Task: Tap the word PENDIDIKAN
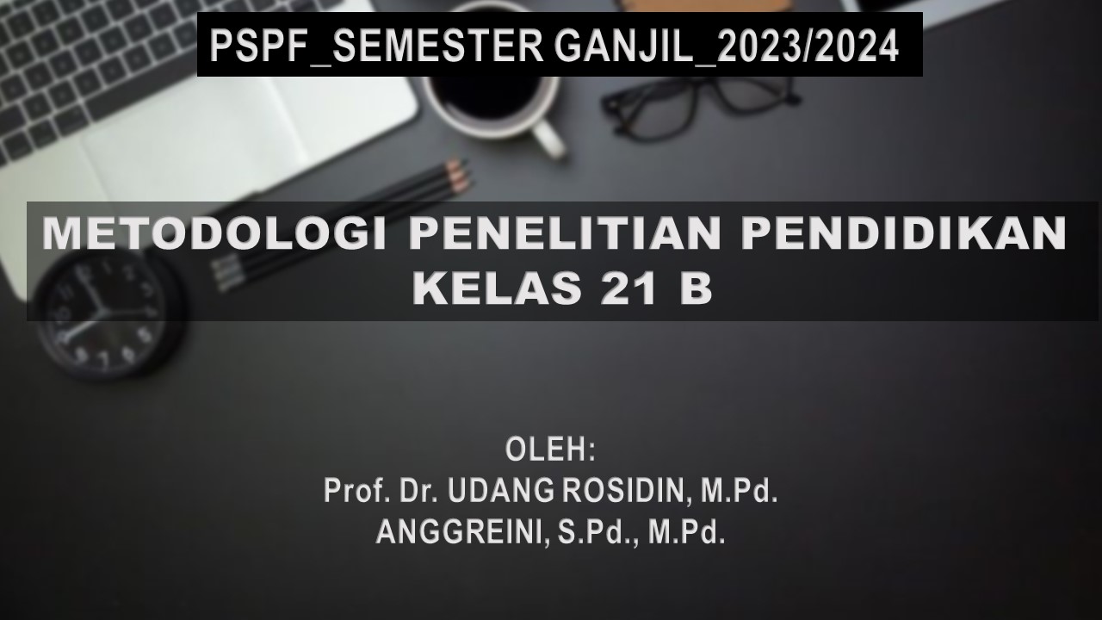(904, 232)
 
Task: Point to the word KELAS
(498, 288)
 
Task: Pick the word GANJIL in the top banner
(623, 46)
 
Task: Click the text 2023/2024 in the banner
(808, 46)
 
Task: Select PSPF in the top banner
(255, 46)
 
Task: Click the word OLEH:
(550, 449)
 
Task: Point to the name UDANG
(502, 490)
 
